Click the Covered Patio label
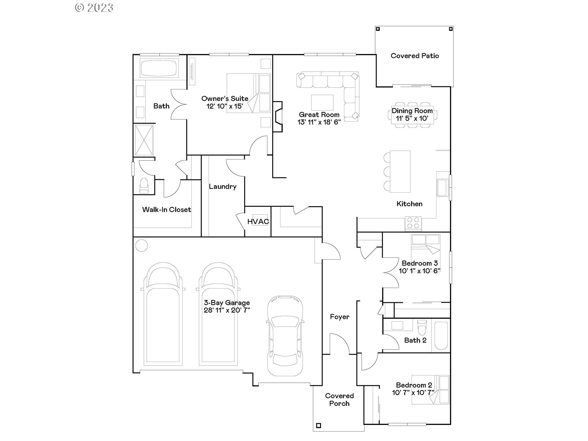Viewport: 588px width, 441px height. point(415,56)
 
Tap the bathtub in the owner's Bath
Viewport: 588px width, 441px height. point(159,68)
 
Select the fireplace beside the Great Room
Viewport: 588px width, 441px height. point(278,117)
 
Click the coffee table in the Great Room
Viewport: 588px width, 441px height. point(322,102)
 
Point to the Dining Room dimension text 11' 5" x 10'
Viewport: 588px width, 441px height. point(412,119)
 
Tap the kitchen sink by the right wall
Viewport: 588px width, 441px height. point(442,188)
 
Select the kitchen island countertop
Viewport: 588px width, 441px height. point(400,171)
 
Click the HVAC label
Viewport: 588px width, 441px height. point(258,221)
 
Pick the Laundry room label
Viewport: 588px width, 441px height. point(223,187)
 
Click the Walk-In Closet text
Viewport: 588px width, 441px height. point(167,210)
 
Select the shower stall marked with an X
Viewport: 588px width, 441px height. point(144,140)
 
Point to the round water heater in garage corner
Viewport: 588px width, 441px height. point(141,245)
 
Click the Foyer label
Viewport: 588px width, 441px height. point(339,317)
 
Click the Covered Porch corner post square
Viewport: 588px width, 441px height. point(318,425)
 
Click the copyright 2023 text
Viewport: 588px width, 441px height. point(94,7)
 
